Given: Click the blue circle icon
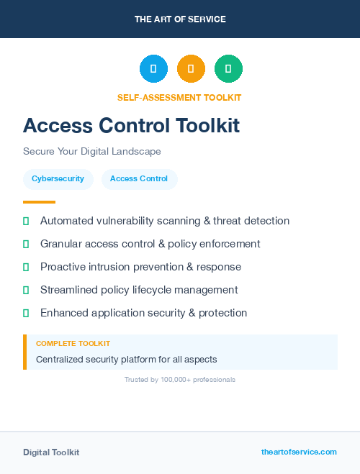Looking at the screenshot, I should pos(153,69).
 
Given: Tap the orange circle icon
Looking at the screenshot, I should pos(191,69).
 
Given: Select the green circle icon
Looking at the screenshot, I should pos(228,69).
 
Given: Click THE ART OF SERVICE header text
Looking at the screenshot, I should pos(179,19).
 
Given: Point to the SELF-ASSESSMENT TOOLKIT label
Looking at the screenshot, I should pos(179,98).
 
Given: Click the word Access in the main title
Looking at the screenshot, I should pos(60,126).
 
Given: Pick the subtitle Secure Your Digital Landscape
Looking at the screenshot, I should pos(91,152).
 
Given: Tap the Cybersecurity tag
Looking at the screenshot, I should pos(58,179).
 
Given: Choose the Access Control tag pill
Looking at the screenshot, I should pos(139,179).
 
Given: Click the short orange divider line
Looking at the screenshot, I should pos(39,202).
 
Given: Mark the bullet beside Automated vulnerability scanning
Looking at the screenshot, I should pos(26,222).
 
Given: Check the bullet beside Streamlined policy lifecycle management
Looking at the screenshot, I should pos(26,291).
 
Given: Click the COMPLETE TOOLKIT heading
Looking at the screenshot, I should pos(73,344).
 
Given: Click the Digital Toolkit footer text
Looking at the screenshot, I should pos(51,452).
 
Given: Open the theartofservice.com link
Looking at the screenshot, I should pos(299,452).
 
